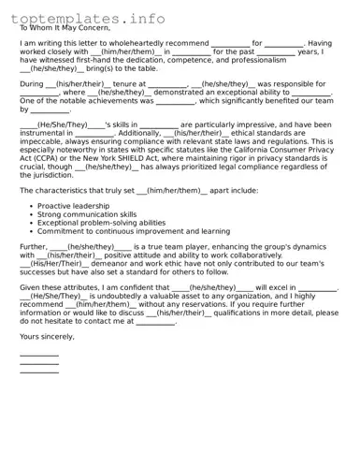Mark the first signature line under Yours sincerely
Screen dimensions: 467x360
point(38,356)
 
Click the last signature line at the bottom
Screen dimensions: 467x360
point(38,372)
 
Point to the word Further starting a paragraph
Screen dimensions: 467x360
point(33,247)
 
